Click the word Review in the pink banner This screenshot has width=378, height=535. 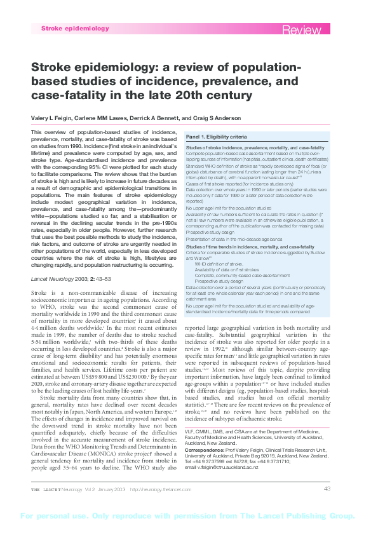304,30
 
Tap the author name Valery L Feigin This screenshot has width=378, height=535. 51,118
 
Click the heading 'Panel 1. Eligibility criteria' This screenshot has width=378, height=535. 216,137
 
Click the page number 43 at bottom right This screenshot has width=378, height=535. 327,489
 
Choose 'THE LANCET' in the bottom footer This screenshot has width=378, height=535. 50,489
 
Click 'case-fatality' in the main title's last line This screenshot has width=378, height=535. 68,95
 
